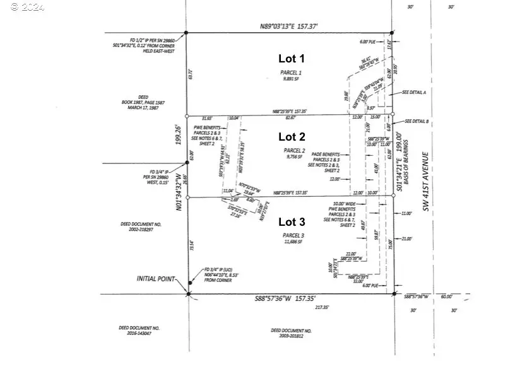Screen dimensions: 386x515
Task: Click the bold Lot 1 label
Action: coord(292,59)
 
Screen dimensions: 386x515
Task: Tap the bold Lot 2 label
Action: coord(292,136)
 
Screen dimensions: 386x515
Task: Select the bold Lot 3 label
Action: coord(292,221)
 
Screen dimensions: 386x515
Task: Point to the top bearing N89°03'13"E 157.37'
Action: coord(290,26)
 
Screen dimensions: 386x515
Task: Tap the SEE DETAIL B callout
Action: coord(417,121)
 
